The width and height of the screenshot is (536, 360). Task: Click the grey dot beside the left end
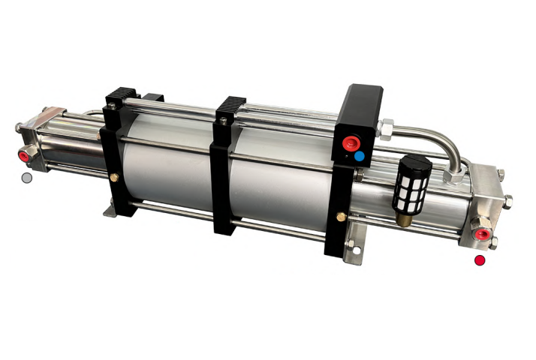27,178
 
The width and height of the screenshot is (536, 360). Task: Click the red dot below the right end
480,260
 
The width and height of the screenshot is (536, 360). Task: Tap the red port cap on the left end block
24,155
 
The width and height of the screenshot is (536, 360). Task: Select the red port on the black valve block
350,142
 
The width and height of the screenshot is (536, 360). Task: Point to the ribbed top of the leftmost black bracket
118,97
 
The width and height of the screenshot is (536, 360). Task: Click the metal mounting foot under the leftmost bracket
110,213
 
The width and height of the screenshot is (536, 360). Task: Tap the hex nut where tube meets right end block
453,178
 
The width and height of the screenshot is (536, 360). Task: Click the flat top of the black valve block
363,94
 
